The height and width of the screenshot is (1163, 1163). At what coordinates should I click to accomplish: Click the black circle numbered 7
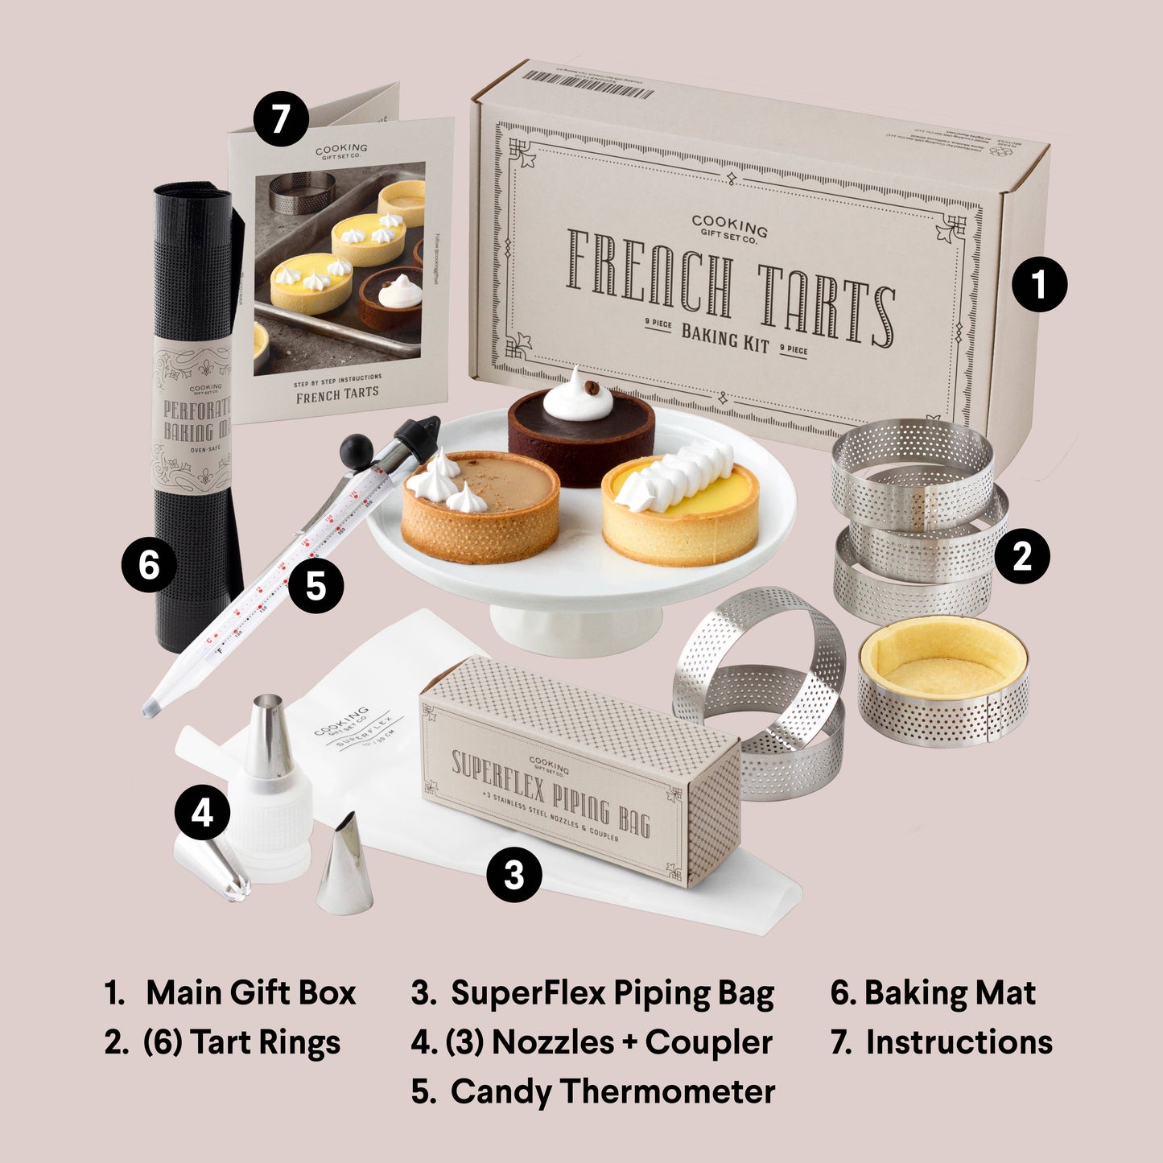281,119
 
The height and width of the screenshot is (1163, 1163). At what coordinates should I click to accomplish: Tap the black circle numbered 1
1039,284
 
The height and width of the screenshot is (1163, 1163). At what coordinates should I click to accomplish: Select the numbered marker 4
202,812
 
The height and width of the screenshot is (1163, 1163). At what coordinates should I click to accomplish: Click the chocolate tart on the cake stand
580,439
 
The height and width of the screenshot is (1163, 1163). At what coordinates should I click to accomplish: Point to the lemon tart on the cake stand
680,511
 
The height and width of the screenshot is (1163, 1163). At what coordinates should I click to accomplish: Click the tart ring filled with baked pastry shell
942,680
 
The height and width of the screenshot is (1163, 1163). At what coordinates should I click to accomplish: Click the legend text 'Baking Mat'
949,992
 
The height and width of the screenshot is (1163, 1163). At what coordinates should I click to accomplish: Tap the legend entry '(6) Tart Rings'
241,1042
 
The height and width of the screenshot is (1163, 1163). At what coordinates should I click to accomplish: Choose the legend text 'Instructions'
959,1042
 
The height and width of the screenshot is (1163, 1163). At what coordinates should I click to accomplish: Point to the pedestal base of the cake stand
575,627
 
